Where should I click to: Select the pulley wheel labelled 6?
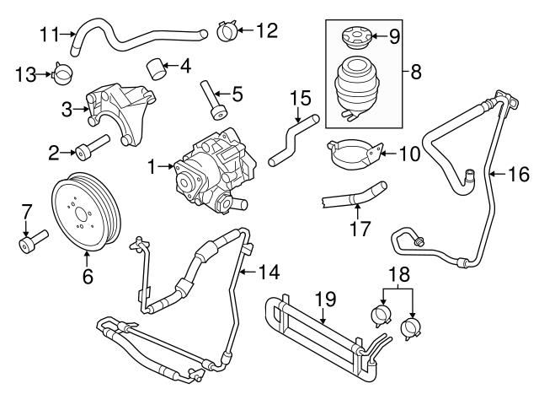click(84, 211)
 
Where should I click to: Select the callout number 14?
click(268, 272)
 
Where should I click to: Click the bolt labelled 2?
click(90, 153)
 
